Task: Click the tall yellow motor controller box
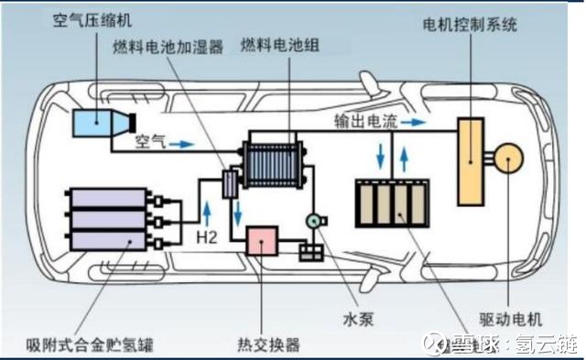pos(472,164)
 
